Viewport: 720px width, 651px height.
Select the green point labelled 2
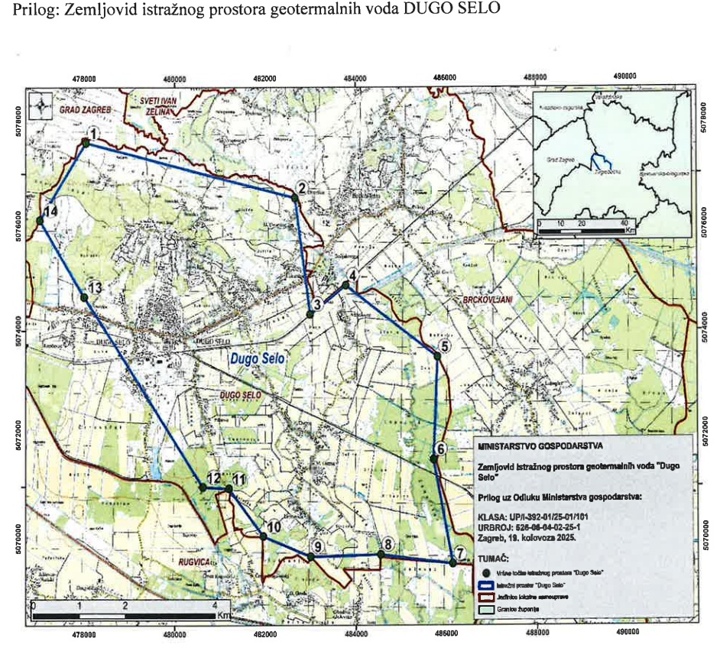pyautogui.click(x=295, y=198)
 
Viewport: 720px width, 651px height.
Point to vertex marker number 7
pyautogui.click(x=453, y=563)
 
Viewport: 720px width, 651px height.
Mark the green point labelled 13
pyautogui.click(x=84, y=297)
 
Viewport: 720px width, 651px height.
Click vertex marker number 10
pyautogui.click(x=264, y=537)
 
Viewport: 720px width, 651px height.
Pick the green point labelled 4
pyautogui.click(x=345, y=285)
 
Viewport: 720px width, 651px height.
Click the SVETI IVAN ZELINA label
pyautogui.click(x=153, y=105)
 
